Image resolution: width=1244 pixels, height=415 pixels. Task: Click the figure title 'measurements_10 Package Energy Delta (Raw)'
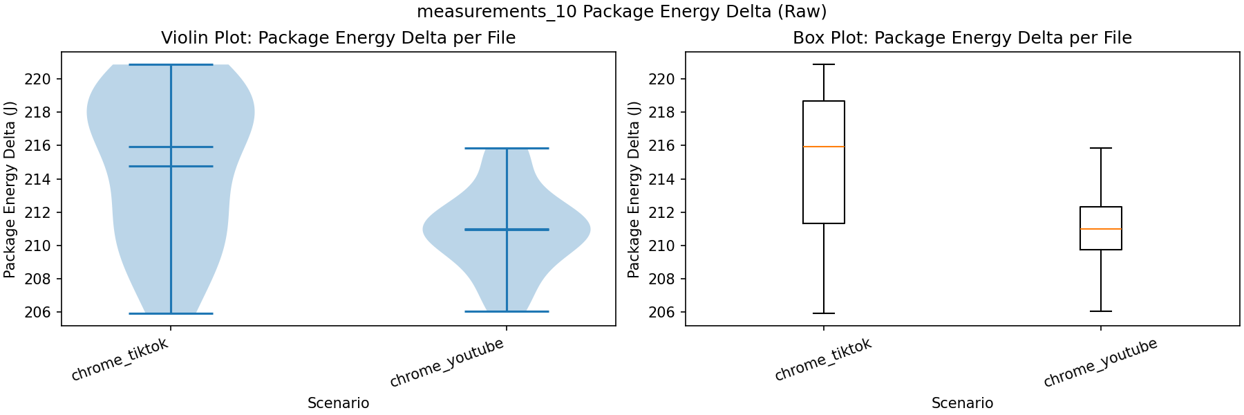pos(621,12)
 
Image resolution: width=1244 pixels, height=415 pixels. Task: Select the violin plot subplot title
pos(338,37)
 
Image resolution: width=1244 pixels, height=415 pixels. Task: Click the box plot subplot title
pos(962,37)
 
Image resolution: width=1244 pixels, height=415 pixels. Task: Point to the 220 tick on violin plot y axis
pos(37,79)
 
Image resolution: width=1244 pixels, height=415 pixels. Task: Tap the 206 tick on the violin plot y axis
pos(37,312)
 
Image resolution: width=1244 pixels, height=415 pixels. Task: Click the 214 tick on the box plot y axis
pos(661,179)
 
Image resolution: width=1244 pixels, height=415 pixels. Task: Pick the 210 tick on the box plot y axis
pos(661,246)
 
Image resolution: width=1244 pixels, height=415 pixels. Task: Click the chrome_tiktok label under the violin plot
pos(120,360)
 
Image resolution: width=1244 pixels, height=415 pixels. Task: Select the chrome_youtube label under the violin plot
pos(446,364)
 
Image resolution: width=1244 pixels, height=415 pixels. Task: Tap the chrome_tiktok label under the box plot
pos(822,360)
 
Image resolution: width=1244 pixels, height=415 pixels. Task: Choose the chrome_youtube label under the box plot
pos(1100,364)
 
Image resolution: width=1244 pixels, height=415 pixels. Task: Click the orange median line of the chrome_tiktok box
pos(824,147)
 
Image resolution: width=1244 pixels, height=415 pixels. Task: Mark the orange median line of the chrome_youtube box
pos(1100,229)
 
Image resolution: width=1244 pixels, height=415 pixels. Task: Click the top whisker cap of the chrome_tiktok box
pos(824,64)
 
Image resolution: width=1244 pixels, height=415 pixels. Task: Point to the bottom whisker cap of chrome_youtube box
pos(1100,311)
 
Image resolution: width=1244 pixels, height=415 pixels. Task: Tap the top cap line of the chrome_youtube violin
pos(507,148)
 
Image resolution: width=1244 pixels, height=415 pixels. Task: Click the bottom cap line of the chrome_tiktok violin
pos(171,313)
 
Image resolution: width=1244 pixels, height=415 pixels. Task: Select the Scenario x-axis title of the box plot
pos(962,403)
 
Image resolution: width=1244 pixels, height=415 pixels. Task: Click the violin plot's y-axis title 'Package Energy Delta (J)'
pos(10,190)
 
